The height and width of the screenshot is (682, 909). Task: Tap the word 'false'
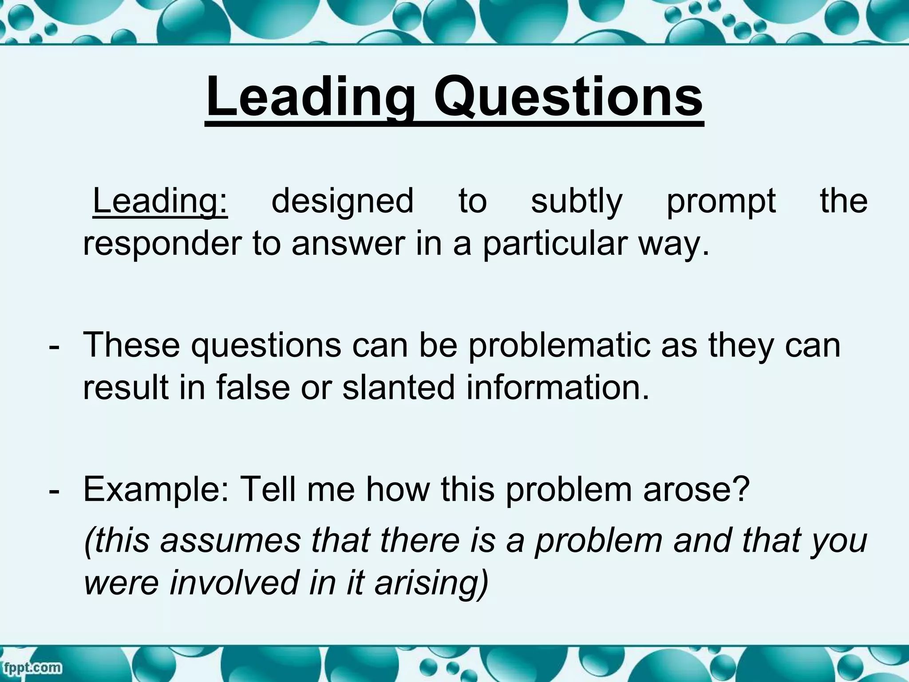click(x=253, y=388)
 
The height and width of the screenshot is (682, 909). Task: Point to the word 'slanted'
click(x=399, y=388)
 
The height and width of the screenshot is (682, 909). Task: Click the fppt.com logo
click(x=31, y=667)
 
